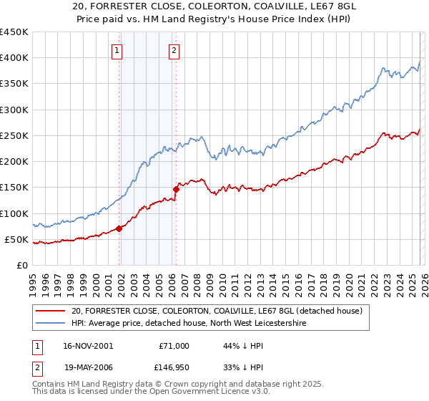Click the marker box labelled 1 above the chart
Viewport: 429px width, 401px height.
[117, 50]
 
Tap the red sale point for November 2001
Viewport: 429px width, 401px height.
[119, 228]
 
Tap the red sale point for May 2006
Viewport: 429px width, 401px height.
[176, 189]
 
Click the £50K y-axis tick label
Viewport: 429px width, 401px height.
[17, 239]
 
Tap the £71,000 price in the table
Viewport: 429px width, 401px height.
[174, 346]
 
